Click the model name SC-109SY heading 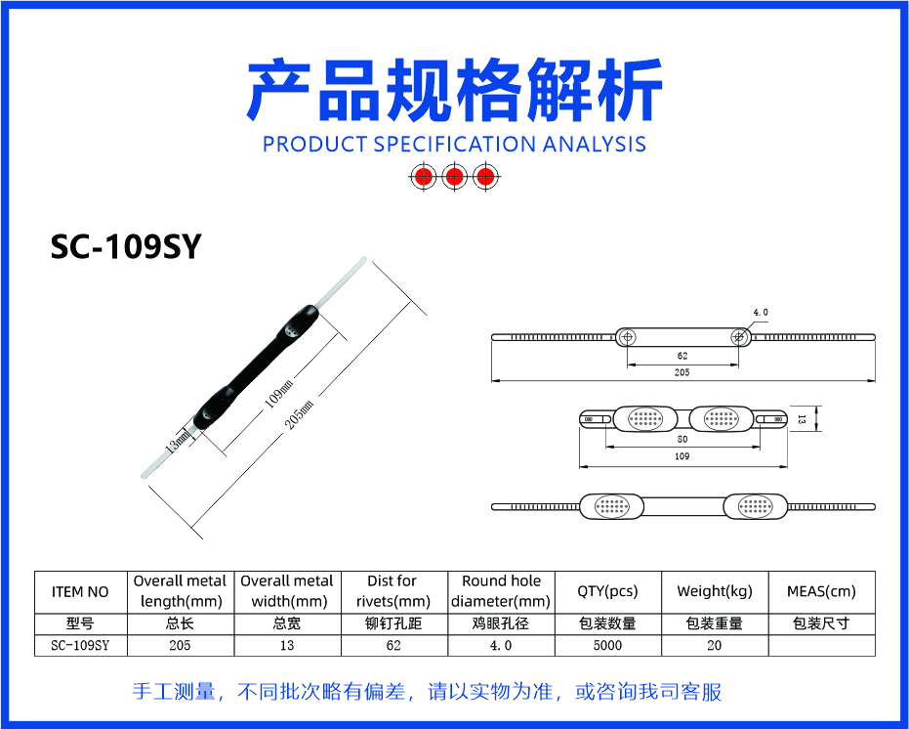click(125, 246)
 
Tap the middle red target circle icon click(455, 176)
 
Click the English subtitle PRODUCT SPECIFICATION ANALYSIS click(455, 144)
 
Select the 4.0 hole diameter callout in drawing click(761, 312)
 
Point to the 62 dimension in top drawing click(682, 356)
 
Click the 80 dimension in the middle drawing click(682, 440)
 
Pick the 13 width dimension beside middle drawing click(802, 418)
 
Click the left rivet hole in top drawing click(628, 336)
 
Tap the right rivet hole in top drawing click(738, 336)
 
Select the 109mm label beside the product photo click(279, 394)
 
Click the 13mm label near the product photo click(178, 441)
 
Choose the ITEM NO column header click(80, 592)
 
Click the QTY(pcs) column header click(607, 591)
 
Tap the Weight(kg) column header click(715, 591)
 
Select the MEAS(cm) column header click(821, 591)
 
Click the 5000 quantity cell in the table click(607, 645)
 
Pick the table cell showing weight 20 click(715, 645)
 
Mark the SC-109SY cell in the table click(80, 645)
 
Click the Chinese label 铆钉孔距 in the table click(393, 623)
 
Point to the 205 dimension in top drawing click(682, 372)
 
